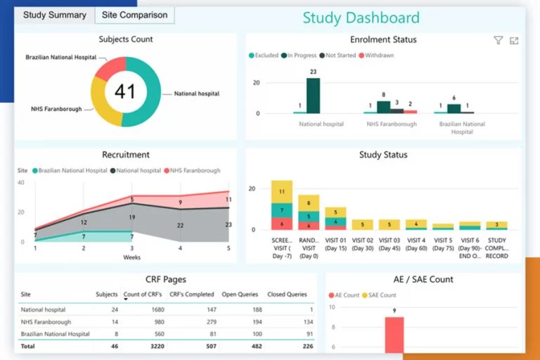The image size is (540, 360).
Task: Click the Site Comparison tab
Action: [x=134, y=15]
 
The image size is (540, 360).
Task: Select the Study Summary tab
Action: [x=55, y=15]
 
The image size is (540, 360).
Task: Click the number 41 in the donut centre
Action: [x=125, y=91]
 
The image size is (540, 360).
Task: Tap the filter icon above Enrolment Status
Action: [x=499, y=41]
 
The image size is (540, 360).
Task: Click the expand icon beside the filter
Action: [x=514, y=41]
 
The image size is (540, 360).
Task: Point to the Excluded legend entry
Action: [x=264, y=55]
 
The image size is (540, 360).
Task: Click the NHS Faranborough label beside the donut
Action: [x=56, y=109]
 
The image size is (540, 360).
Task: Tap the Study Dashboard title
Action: [x=361, y=18]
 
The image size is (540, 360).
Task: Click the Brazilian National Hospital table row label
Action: [x=56, y=334]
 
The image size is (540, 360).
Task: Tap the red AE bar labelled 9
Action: [x=394, y=335]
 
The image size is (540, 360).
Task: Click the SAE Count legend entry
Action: [x=380, y=295]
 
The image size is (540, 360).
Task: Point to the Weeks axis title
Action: [x=131, y=257]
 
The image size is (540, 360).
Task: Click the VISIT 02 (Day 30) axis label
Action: [x=362, y=244]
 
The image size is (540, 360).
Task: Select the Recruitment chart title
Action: [x=126, y=155]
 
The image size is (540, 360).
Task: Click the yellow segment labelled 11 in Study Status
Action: [x=282, y=191]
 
